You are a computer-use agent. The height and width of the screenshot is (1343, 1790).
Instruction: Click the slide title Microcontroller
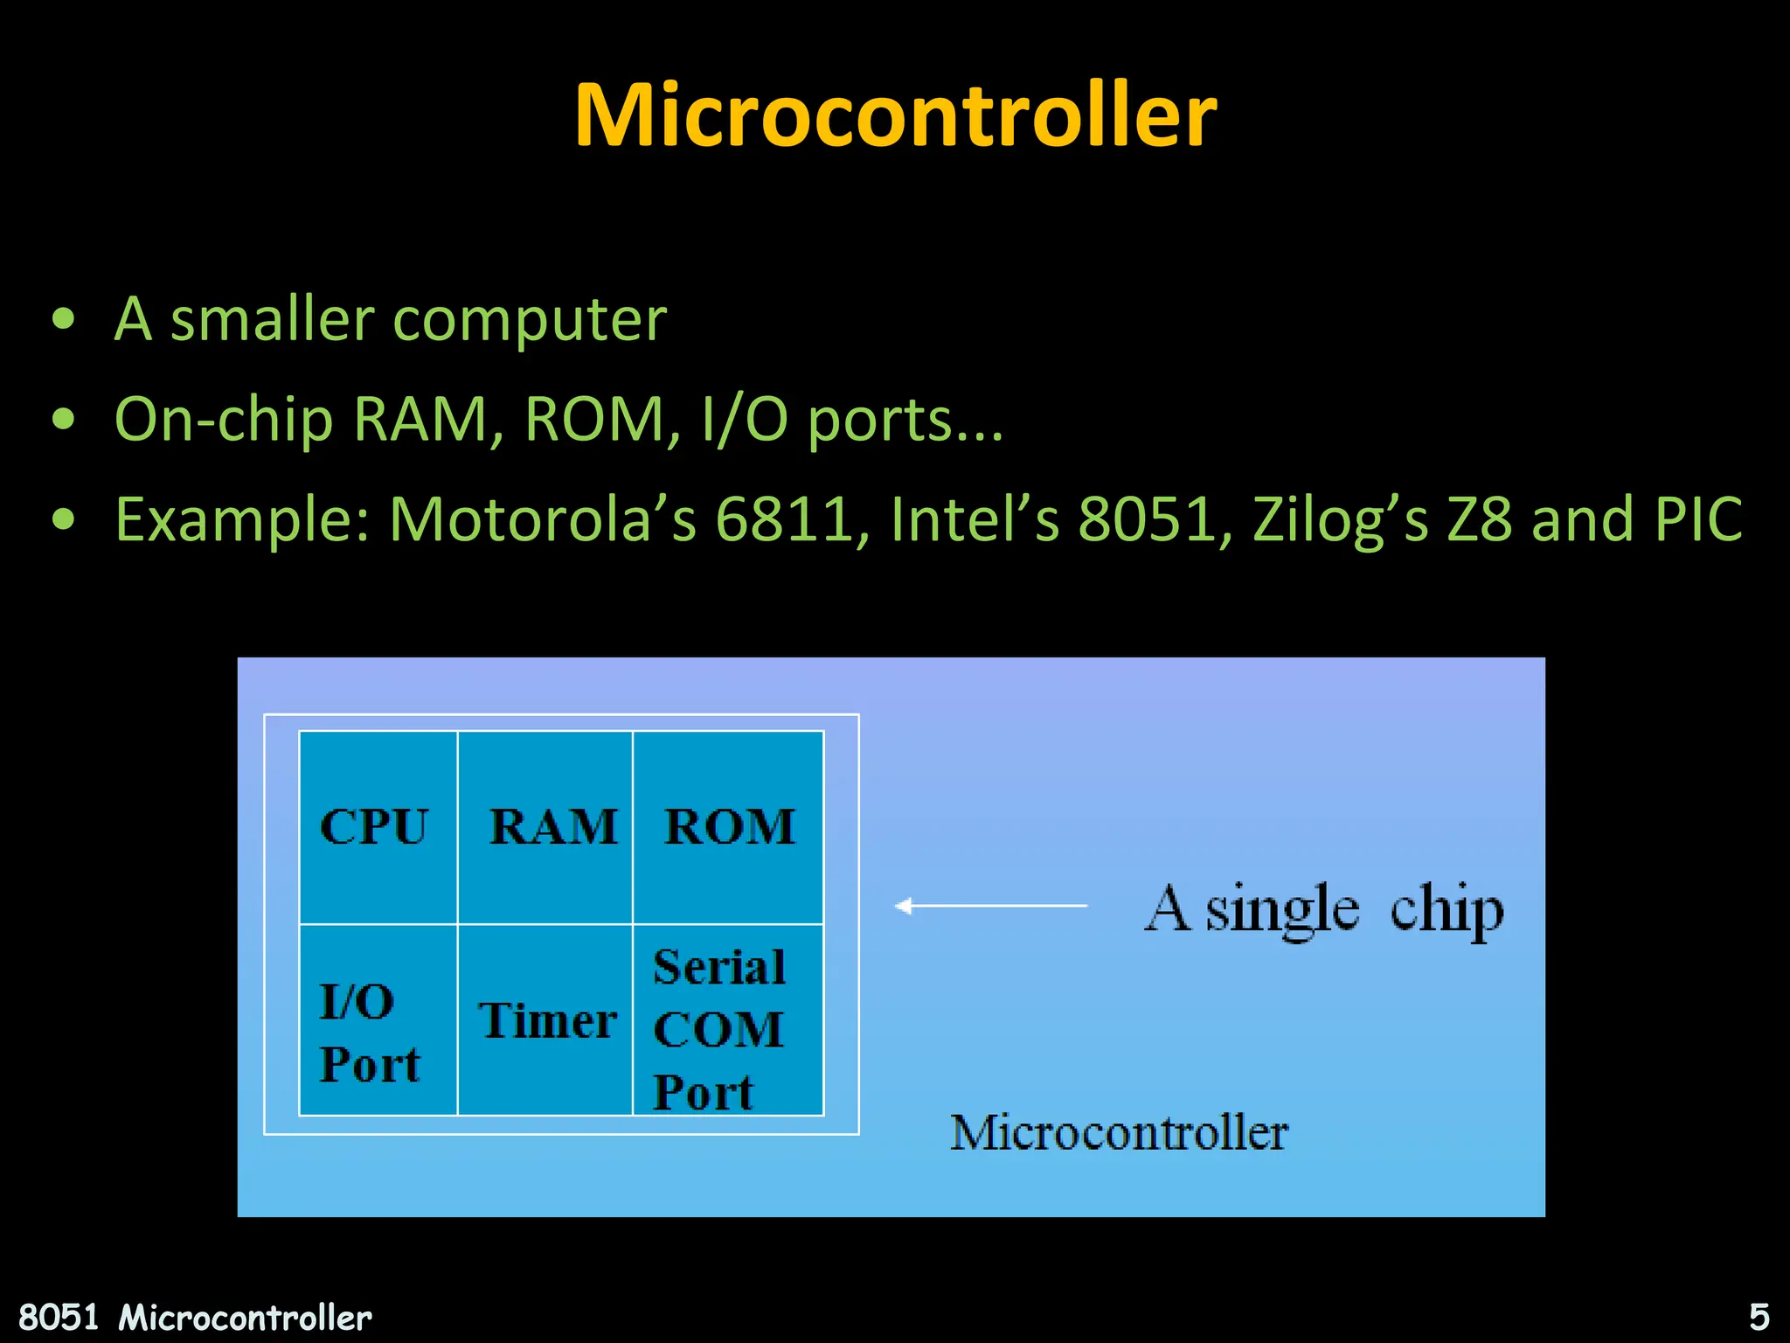[x=895, y=115]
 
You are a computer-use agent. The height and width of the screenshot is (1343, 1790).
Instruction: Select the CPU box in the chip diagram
[x=378, y=827]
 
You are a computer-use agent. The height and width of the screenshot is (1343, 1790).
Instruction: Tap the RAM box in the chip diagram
[x=545, y=827]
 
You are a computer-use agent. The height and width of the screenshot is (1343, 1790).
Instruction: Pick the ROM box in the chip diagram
[x=728, y=827]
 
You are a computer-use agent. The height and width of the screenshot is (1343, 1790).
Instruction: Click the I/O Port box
[x=378, y=1019]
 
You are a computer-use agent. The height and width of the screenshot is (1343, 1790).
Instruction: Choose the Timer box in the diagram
[x=545, y=1019]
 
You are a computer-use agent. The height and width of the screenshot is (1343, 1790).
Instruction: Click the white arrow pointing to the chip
[x=990, y=906]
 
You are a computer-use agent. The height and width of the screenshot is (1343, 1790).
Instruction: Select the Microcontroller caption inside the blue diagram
[x=1119, y=1133]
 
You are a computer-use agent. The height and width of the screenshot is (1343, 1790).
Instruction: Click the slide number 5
[x=1759, y=1317]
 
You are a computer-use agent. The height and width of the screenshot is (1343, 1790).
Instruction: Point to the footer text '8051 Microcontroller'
[x=195, y=1317]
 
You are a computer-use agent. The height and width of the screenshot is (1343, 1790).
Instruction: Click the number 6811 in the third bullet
[x=783, y=519]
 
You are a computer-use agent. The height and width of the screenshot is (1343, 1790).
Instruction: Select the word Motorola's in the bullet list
[x=543, y=519]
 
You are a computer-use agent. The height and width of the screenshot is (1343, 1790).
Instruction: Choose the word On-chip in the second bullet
[x=224, y=420]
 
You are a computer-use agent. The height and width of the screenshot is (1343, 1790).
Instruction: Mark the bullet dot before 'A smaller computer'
[x=63, y=320]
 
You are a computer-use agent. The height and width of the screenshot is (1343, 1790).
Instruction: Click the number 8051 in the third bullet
[x=1147, y=519]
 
